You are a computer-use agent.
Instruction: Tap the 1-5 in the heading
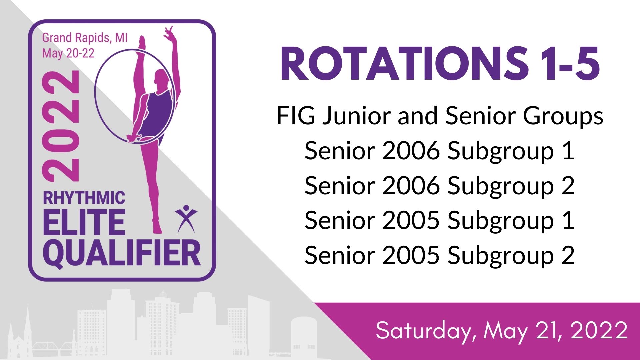pyautogui.click(x=571, y=64)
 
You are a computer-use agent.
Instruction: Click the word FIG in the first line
pyautogui.click(x=296, y=116)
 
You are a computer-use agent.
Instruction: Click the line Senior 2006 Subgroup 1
pyautogui.click(x=439, y=151)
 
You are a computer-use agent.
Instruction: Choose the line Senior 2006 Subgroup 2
pyautogui.click(x=439, y=186)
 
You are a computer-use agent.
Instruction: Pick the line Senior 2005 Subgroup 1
pyautogui.click(x=439, y=221)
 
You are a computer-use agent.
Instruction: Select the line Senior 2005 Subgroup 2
pyautogui.click(x=439, y=256)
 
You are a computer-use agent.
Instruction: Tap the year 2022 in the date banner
pyautogui.click(x=599, y=330)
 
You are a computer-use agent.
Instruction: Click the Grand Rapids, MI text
pyautogui.click(x=85, y=38)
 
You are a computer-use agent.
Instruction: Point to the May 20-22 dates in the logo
pyautogui.click(x=68, y=53)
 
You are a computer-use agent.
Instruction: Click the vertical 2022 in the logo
pyautogui.click(x=61, y=127)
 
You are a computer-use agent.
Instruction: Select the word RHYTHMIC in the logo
pyautogui.click(x=84, y=198)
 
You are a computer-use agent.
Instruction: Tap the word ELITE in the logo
pyautogui.click(x=84, y=222)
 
